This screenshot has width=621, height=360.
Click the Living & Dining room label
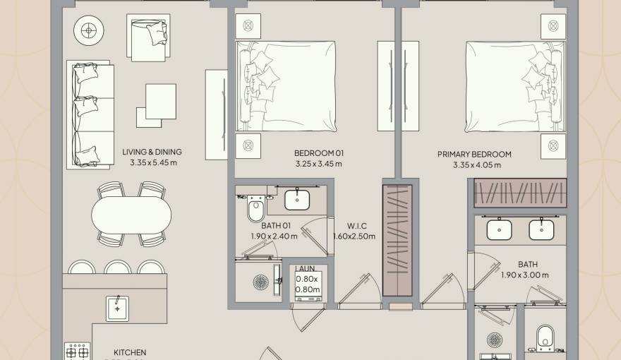click(152, 152)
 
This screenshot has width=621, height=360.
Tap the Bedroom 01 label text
click(318, 153)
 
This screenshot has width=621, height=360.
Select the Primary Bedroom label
click(474, 155)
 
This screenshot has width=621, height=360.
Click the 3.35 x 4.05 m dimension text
click(477, 166)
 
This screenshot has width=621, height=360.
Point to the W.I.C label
click(355, 227)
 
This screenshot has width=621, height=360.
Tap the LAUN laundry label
click(306, 269)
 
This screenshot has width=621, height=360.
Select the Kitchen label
click(130, 352)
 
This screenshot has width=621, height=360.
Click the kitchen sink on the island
click(117, 308)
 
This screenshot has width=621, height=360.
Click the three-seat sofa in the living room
click(90, 114)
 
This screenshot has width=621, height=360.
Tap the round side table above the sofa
click(88, 30)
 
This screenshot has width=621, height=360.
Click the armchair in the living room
click(148, 37)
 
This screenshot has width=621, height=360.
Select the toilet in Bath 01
click(255, 209)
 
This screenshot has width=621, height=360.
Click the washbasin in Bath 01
click(296, 200)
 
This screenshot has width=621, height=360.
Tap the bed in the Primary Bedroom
click(515, 85)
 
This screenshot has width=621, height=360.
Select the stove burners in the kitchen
click(77, 351)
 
